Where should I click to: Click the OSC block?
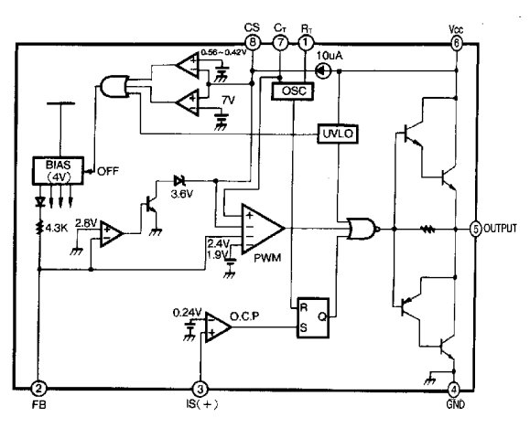[293, 91]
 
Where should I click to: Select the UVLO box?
[338, 134]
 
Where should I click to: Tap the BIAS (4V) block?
[59, 171]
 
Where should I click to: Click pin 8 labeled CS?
[253, 43]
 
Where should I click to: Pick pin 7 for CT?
[280, 43]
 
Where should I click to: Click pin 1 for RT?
[306, 43]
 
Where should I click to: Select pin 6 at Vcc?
[457, 43]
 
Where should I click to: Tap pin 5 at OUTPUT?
[476, 230]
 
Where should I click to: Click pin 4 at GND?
[454, 390]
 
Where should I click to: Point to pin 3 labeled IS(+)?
[200, 390]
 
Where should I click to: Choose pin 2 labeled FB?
[38, 389]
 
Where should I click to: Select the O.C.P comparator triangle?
[217, 327]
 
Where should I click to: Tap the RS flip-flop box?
[313, 317]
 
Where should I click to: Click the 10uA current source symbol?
[323, 71]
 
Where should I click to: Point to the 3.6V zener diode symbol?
[178, 181]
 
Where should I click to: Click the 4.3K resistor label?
[56, 229]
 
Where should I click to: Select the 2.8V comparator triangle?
[111, 234]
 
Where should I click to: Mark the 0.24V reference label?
[187, 313]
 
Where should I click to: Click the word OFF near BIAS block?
[108, 171]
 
